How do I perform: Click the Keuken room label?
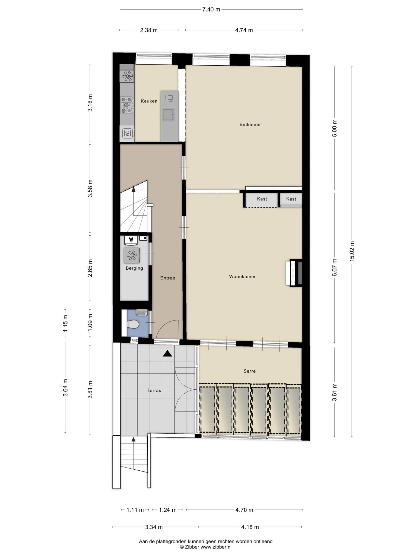(x=149, y=101)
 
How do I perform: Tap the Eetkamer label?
(x=250, y=124)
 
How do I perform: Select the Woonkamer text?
(x=242, y=277)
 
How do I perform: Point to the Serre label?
(x=249, y=371)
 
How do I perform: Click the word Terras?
(x=154, y=390)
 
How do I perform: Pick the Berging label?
(x=134, y=268)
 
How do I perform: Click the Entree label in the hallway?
(x=168, y=278)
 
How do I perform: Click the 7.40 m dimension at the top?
(x=211, y=9)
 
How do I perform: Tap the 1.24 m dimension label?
(x=168, y=510)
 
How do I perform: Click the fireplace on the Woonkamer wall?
(x=294, y=273)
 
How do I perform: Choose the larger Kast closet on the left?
(x=262, y=199)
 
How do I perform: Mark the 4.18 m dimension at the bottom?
(x=250, y=527)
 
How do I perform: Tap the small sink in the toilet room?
(x=142, y=312)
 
